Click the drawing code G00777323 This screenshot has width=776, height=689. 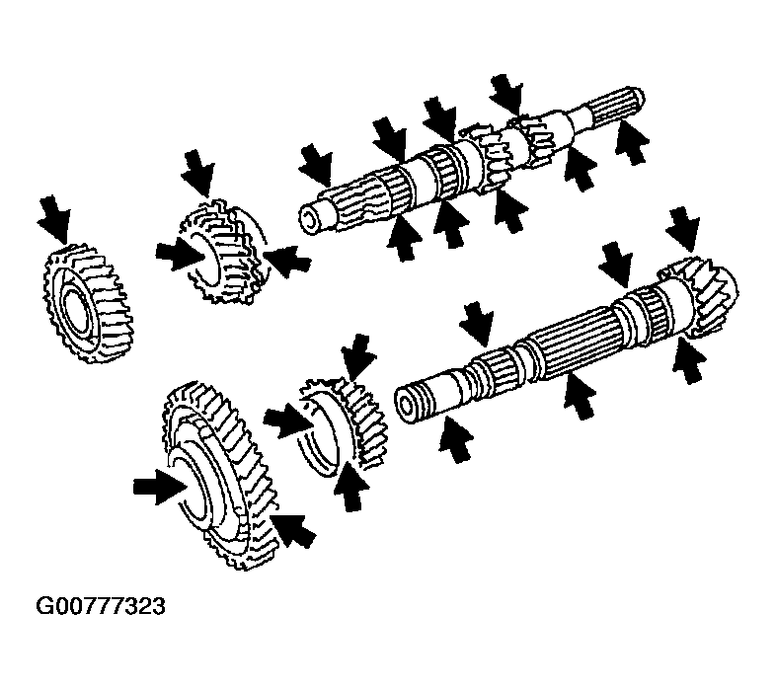[x=101, y=606]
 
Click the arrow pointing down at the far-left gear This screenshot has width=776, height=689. [x=55, y=219]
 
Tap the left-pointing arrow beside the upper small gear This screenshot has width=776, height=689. [x=287, y=261]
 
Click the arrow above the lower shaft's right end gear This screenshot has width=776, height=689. [x=683, y=230]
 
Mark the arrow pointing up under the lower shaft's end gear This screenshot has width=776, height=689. [x=689, y=360]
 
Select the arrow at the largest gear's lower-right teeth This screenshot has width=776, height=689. [x=294, y=530]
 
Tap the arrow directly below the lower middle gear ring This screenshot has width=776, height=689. [x=351, y=486]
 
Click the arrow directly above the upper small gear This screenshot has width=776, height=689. [x=199, y=174]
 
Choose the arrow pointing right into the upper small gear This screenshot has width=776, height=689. [x=181, y=257]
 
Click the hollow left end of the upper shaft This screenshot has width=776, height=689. [x=310, y=221]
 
